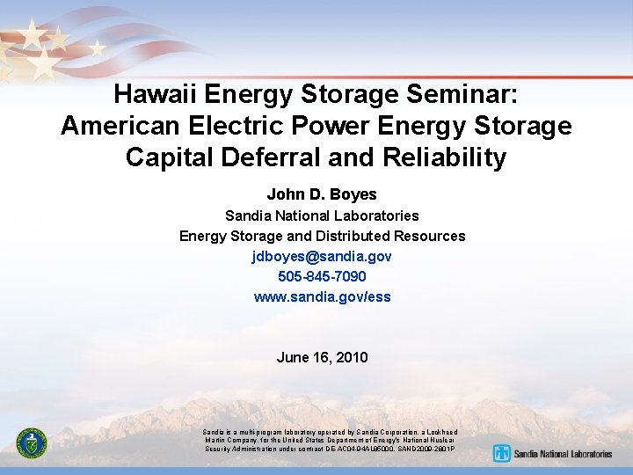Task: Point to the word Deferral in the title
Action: click(x=273, y=157)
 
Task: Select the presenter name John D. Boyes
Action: click(x=322, y=194)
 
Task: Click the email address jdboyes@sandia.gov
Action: click(x=322, y=256)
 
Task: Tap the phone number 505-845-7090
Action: click(x=322, y=277)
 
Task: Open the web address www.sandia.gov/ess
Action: click(x=322, y=297)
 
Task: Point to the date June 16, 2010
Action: click(x=322, y=357)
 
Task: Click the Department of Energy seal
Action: click(x=32, y=442)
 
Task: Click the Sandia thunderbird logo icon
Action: click(x=502, y=454)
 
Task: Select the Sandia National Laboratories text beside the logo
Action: click(x=564, y=454)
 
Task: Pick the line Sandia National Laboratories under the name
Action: click(x=322, y=216)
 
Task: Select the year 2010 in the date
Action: click(x=352, y=357)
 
